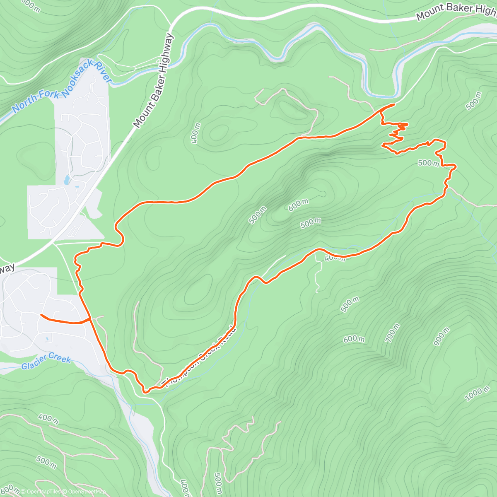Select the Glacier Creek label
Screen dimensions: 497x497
pyautogui.click(x=46, y=361)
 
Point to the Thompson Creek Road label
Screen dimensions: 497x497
pyautogui.click(x=201, y=356)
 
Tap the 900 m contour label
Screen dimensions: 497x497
pyautogui.click(x=442, y=336)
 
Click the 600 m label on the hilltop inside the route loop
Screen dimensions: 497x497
pyautogui.click(x=298, y=205)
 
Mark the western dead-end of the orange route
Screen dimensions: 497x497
pyautogui.click(x=41, y=315)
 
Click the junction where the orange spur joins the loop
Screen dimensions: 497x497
pyautogui.click(x=90, y=318)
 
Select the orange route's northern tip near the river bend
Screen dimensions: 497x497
pyautogui.click(x=393, y=104)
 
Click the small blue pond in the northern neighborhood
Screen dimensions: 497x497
pyautogui.click(x=67, y=180)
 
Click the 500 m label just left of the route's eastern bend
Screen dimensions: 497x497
pyautogui.click(x=428, y=163)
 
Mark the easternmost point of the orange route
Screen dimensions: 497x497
pyautogui.click(x=456, y=166)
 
